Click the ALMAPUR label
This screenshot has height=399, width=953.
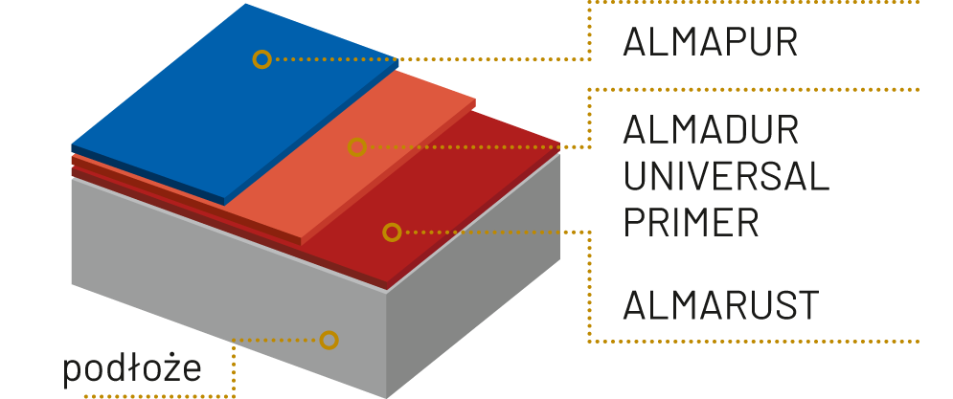[710, 43]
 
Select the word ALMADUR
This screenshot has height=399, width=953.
[711, 129]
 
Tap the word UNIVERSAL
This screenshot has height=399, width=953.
[725, 176]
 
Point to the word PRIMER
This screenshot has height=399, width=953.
[691, 222]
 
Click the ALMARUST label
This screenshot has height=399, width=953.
[720, 305]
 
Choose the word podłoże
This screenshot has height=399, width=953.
[132, 369]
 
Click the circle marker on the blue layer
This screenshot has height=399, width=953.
[261, 59]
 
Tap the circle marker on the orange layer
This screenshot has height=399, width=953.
[356, 147]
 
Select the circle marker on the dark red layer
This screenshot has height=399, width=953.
[391, 232]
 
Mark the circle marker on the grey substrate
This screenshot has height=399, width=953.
[329, 340]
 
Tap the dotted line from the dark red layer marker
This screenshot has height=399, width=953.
[498, 232]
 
